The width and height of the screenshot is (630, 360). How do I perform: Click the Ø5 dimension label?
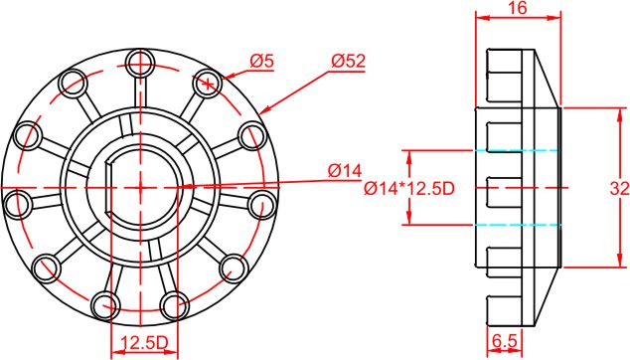pyautogui.click(x=261, y=62)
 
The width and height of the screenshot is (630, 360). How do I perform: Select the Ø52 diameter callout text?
pyautogui.click(x=349, y=62)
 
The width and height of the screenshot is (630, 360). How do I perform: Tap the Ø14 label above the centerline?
pyautogui.click(x=345, y=171)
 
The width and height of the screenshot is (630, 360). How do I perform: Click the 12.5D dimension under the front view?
pyautogui.click(x=143, y=343)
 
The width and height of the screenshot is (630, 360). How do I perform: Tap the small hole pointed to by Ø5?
pyautogui.click(x=208, y=83)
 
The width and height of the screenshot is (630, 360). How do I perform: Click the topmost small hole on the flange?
pyautogui.click(x=140, y=65)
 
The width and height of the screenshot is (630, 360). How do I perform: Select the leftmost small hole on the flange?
pyautogui.click(x=18, y=204)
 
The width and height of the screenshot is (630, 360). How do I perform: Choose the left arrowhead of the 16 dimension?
pyautogui.click(x=480, y=17)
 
